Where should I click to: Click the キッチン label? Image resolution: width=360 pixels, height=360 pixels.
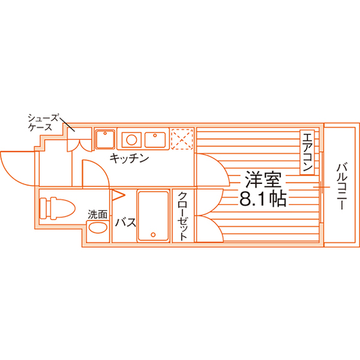click(x=129, y=158)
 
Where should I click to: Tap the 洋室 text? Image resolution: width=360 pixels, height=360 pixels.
click(x=263, y=179)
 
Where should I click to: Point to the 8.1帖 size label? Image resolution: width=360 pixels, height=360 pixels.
click(x=263, y=199)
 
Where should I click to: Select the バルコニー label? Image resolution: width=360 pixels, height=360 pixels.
click(x=342, y=186)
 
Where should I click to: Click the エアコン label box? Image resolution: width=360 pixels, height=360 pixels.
click(x=307, y=152)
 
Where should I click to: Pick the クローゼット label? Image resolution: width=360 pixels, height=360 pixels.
click(x=183, y=216)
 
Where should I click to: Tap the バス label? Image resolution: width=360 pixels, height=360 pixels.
click(x=125, y=222)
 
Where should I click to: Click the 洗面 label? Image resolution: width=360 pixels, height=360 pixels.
click(x=98, y=215)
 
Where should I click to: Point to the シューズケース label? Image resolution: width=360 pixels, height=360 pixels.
click(x=43, y=123)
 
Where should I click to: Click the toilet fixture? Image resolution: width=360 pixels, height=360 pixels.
click(x=57, y=208)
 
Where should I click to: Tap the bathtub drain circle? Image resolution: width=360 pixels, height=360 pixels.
click(x=153, y=235)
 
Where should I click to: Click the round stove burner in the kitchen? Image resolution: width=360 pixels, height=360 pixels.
click(x=132, y=140)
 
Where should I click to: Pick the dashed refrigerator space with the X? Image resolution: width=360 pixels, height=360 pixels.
click(x=182, y=139)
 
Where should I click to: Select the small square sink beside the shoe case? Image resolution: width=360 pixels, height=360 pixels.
click(x=105, y=139)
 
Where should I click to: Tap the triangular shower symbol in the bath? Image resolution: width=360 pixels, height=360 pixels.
click(x=118, y=195)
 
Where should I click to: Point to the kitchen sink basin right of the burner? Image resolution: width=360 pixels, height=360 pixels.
click(x=155, y=140)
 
